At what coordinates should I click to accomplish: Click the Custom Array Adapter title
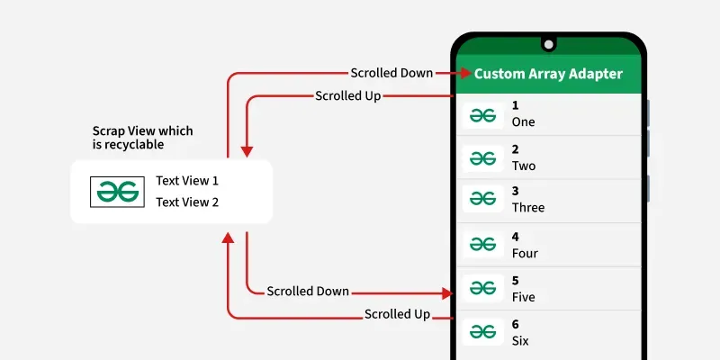548,74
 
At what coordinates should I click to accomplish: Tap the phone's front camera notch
548,44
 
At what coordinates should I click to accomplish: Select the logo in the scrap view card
117,192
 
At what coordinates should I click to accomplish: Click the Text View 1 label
187,181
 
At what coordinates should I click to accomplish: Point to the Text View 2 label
187,202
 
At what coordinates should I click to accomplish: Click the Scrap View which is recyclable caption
142,138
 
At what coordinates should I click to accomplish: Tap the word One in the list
524,122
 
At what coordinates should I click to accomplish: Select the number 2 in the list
515,149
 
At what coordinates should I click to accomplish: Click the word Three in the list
528,208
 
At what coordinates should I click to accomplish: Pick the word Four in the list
525,253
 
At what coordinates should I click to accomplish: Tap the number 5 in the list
515,281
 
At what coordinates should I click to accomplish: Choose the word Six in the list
520,341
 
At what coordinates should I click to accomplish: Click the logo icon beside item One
482,116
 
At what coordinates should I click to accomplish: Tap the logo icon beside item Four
482,244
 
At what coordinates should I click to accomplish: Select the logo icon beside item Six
482,331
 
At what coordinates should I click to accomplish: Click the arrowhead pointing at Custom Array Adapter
466,73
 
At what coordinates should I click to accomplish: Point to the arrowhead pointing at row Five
447,293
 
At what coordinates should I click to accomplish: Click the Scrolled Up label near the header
348,96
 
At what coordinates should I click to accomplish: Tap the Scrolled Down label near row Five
308,292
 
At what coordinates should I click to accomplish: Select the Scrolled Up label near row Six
398,314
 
